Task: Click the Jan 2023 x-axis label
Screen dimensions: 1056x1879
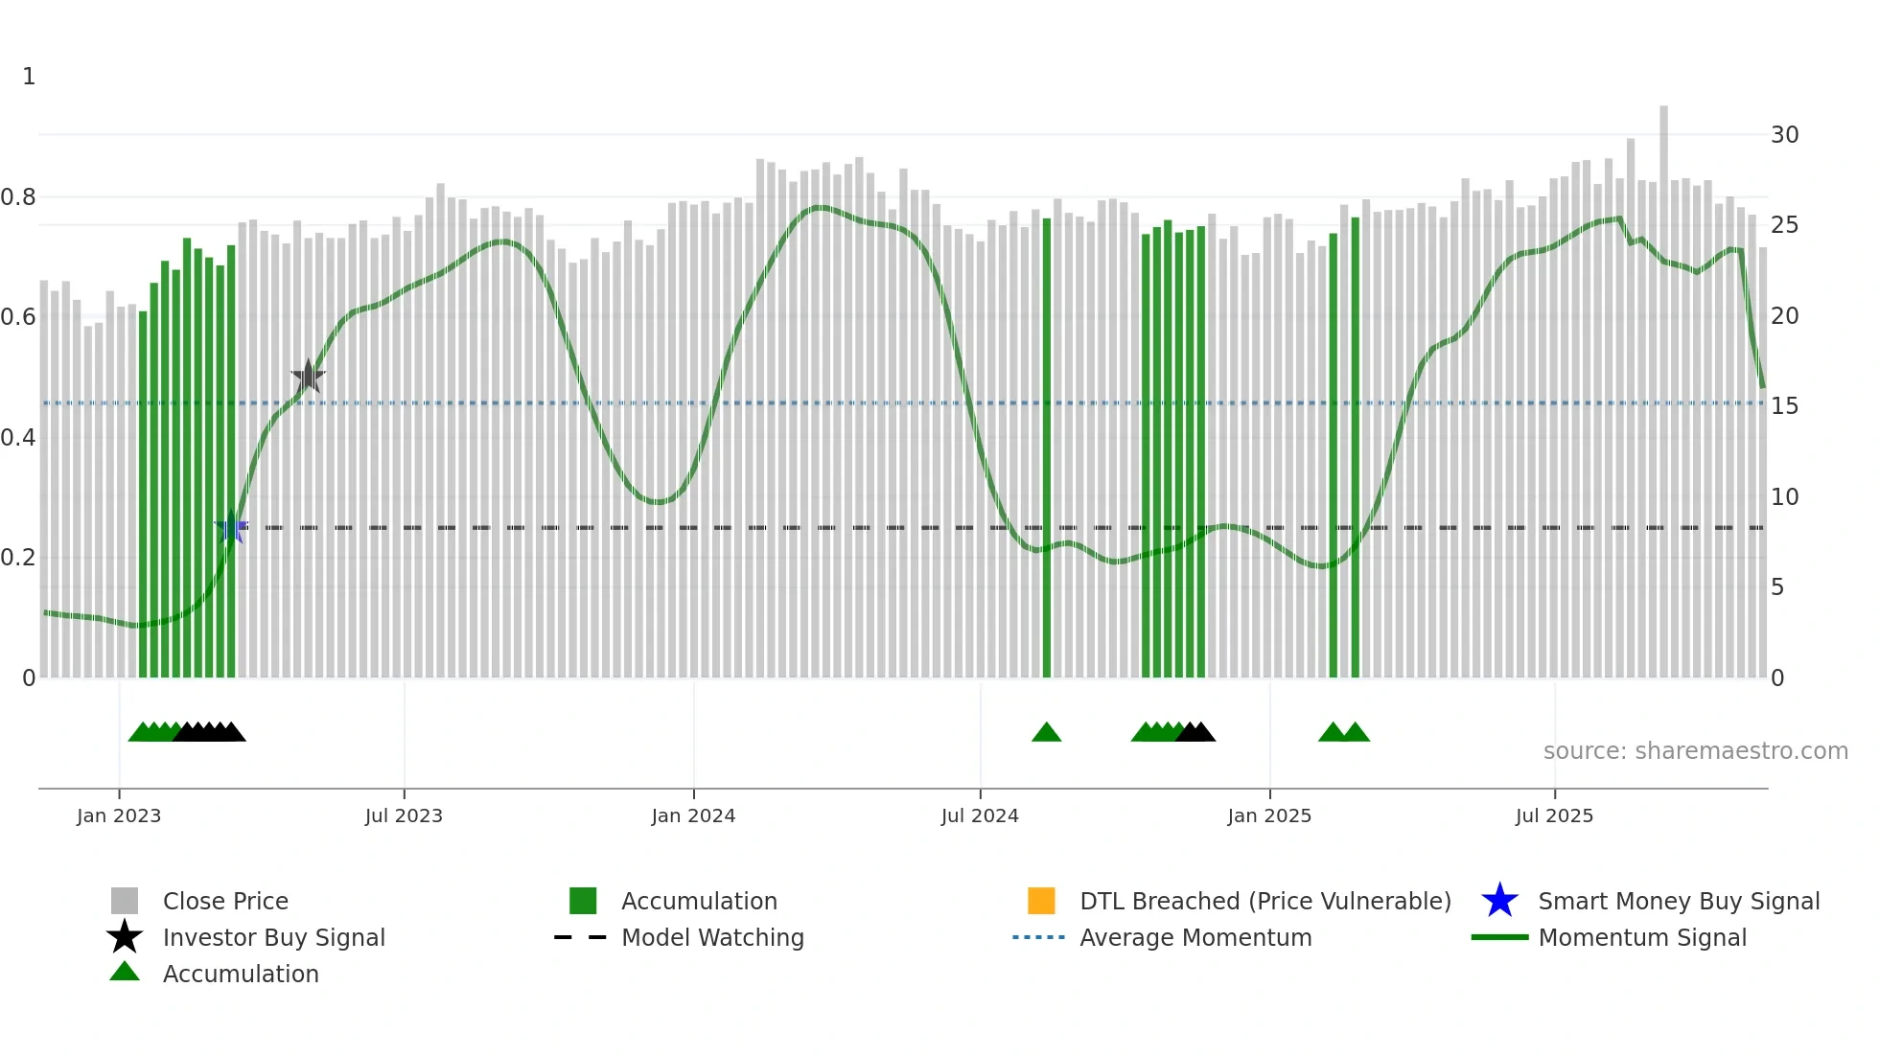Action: pos(119,815)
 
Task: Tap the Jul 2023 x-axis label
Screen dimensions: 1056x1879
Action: pos(404,815)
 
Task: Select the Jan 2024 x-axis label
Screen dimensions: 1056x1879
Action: pos(693,815)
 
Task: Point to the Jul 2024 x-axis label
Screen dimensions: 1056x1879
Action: pos(980,815)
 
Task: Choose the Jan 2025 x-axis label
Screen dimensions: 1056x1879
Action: pos(1269,815)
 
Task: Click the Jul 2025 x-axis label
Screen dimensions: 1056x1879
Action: pos(1554,815)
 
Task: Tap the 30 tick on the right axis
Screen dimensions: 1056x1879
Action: pos(1784,135)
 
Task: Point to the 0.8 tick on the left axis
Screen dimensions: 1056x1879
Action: pos(18,197)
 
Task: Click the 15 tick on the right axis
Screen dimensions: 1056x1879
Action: pos(1784,406)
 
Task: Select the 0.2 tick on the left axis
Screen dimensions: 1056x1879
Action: pos(18,558)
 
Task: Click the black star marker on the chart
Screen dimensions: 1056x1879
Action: pos(308,377)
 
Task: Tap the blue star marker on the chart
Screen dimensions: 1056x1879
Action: pos(231,527)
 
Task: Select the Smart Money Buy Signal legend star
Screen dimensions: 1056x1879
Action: pos(1499,901)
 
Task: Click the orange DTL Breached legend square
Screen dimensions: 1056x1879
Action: pos(1041,901)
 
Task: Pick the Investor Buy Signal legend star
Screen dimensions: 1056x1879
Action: pos(125,937)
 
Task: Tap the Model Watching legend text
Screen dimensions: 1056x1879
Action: pos(712,937)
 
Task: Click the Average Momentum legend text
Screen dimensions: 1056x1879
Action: pos(1195,937)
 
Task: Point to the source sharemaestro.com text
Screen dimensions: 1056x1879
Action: pos(1695,751)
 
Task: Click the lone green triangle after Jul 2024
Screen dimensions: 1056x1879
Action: pos(1046,733)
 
